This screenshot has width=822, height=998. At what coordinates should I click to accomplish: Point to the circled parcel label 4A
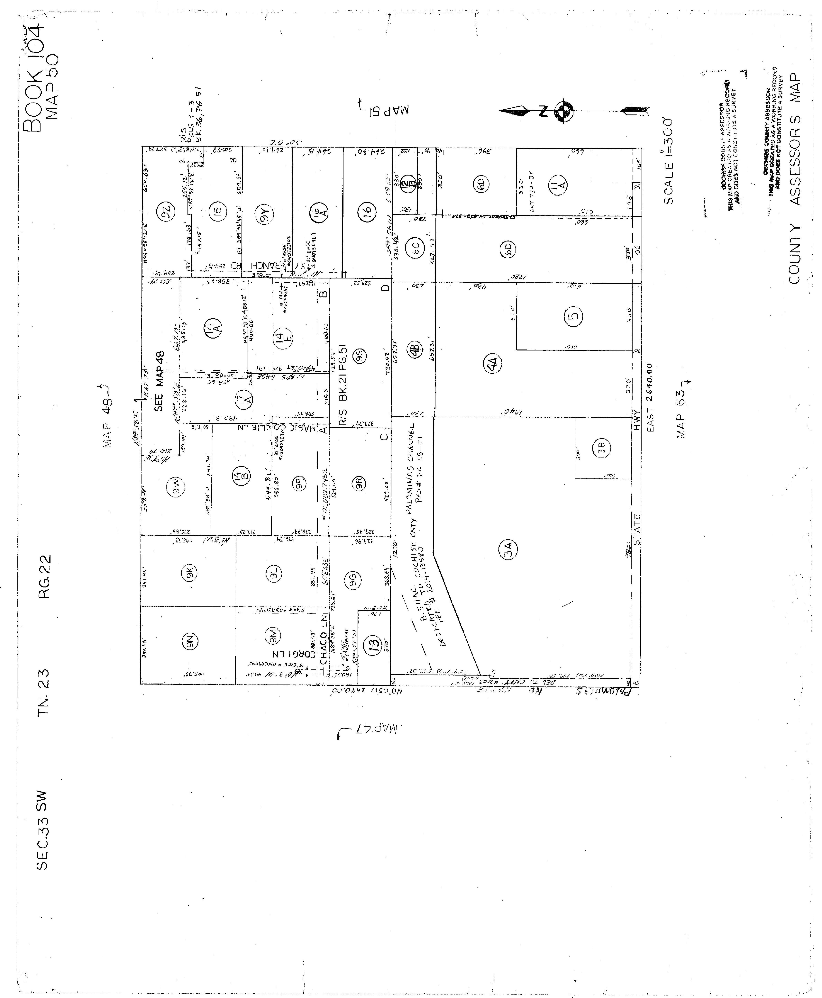(x=493, y=364)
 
